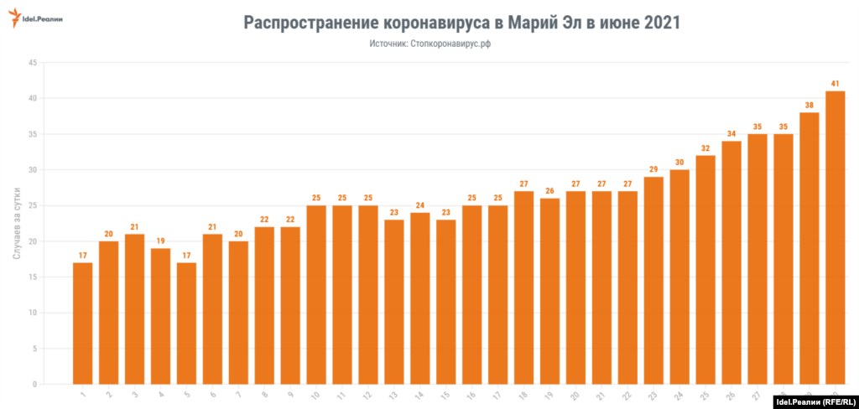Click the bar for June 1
pos(82,324)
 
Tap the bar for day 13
pos(393,302)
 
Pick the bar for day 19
pos(549,291)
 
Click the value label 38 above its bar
pos(809,106)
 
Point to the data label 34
pos(731,134)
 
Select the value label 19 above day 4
pos(160,241)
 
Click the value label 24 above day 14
pos(419,205)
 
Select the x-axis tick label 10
pos(314,395)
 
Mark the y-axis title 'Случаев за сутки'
pos(18,222)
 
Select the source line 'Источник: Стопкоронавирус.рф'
pos(429,44)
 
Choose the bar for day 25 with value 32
pos(705,270)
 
